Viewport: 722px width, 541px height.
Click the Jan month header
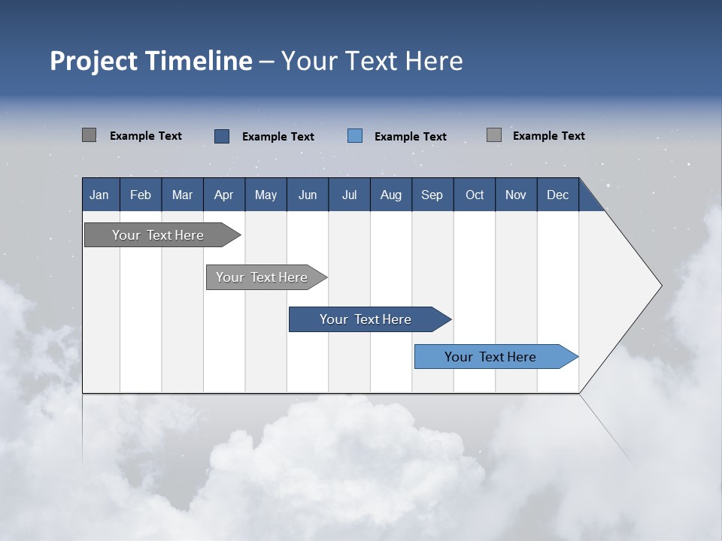pos(99,195)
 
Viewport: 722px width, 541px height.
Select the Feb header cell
pos(141,195)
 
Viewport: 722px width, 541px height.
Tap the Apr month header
pos(223,195)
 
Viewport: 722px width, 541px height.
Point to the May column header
pos(265,195)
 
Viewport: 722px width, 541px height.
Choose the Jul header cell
pos(349,195)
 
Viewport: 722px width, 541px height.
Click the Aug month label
pos(390,195)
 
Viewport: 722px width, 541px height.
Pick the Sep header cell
pos(432,195)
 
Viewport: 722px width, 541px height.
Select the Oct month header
pos(475,195)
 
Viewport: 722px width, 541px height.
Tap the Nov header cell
pos(516,195)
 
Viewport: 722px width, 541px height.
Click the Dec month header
pos(557,195)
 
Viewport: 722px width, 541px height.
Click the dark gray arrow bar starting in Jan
pos(158,235)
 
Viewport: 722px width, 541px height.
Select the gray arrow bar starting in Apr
pos(262,277)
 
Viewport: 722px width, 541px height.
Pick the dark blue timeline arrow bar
pos(366,319)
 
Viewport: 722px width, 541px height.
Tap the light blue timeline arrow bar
pos(490,357)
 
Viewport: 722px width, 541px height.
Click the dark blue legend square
pos(222,136)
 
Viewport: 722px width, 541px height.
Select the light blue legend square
pos(355,136)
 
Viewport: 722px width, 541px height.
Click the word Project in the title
pos(95,61)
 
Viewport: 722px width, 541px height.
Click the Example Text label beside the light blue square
pos(410,137)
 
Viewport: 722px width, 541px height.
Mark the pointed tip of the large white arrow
pos(660,286)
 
